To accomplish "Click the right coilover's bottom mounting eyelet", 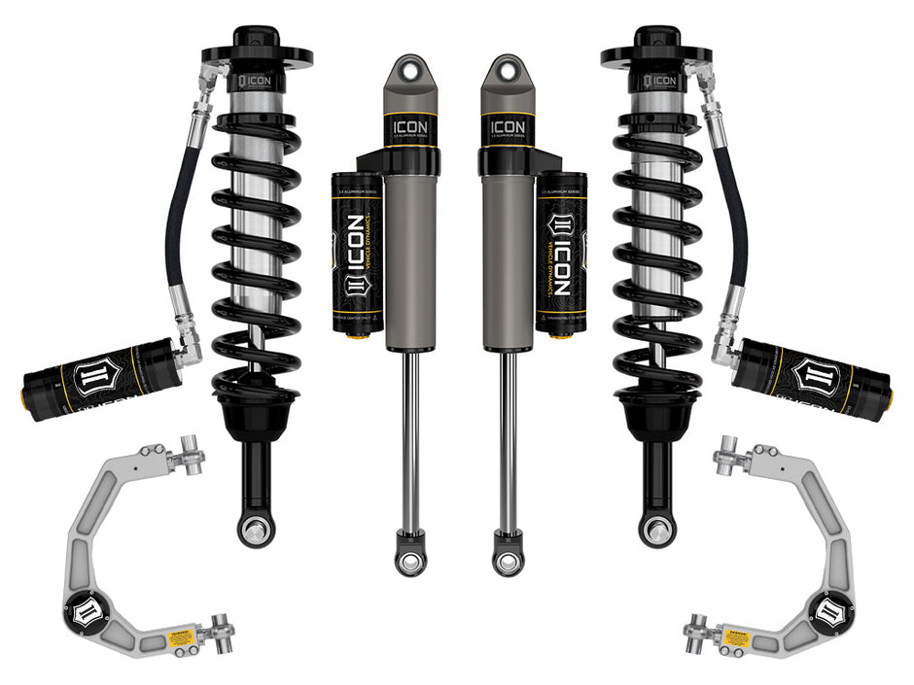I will (x=657, y=531).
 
